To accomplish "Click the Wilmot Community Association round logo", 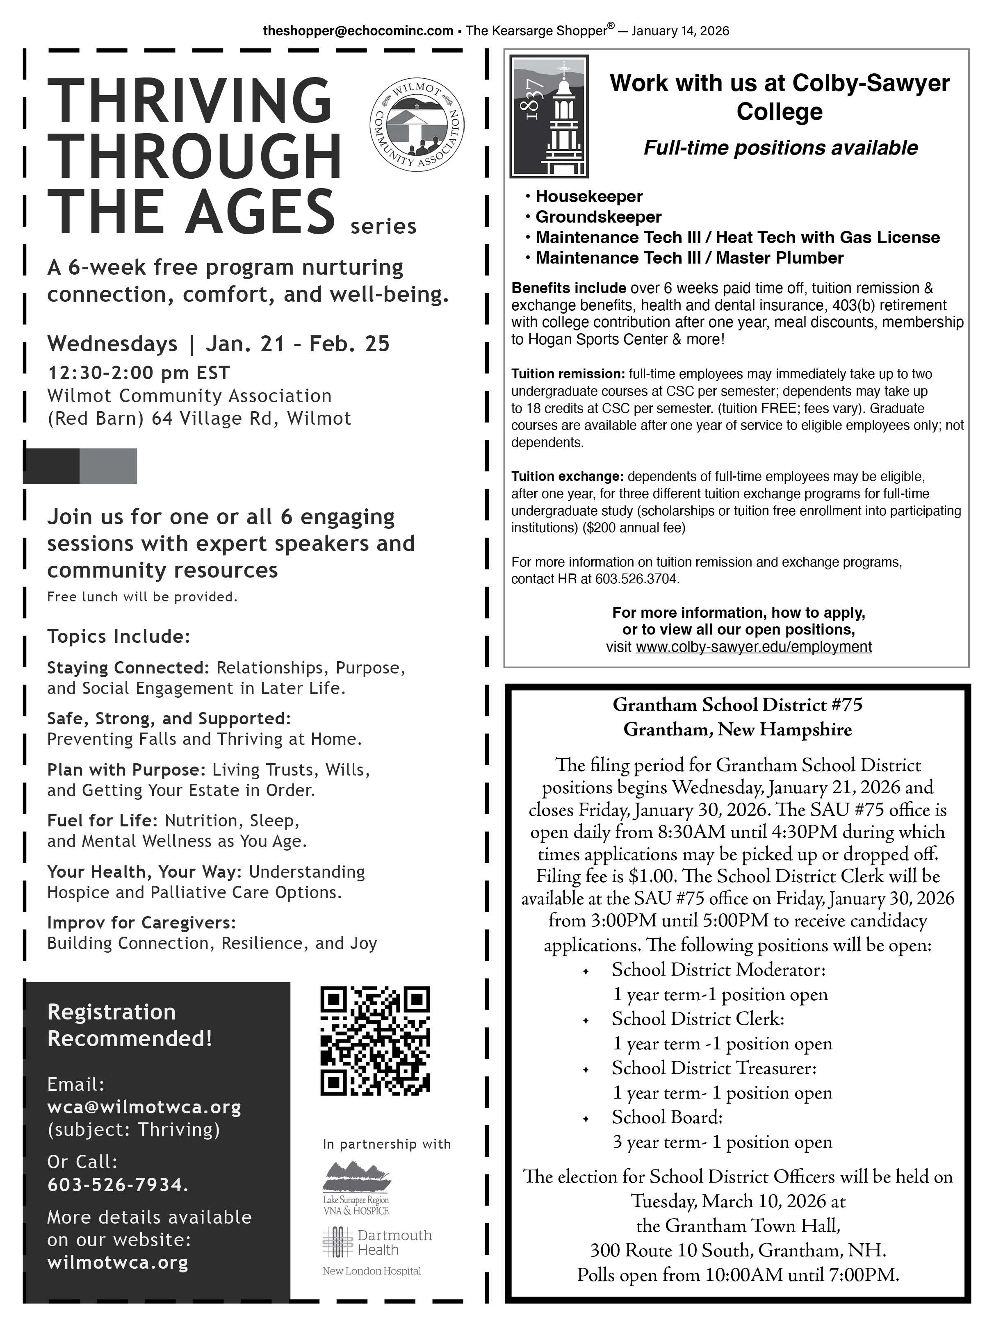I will click(x=417, y=124).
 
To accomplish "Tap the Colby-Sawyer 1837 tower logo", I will click(x=549, y=116).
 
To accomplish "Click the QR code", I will click(x=375, y=1040).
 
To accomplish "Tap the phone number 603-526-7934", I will click(x=118, y=1185).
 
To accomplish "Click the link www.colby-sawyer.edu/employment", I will click(x=753, y=647).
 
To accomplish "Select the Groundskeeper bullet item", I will click(x=598, y=216).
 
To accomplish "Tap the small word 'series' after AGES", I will click(x=383, y=227).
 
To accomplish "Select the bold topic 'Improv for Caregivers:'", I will click(x=141, y=923).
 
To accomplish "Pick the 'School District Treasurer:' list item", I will click(x=714, y=1067).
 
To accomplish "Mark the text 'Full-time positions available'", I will click(x=780, y=148).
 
